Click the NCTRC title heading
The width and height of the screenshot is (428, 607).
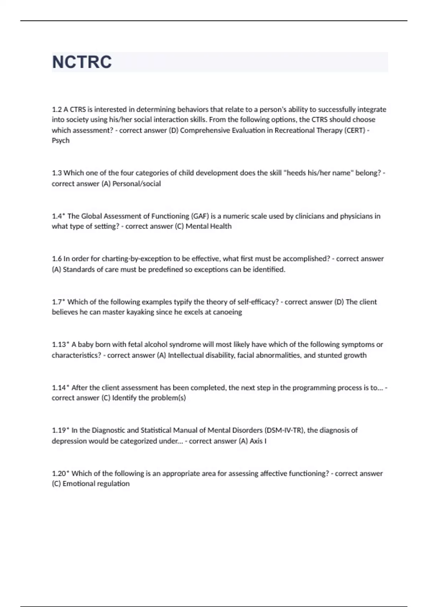pos(82,62)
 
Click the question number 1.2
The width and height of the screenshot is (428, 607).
pos(57,109)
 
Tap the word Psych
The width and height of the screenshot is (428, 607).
pos(61,141)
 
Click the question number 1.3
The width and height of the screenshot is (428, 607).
pos(57,173)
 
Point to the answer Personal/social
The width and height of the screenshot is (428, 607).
pos(137,184)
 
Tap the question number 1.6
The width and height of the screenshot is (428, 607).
pos(57,259)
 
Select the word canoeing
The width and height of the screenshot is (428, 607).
pos(227,312)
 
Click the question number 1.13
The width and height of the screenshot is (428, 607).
pos(59,345)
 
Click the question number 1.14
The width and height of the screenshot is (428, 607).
pos(59,388)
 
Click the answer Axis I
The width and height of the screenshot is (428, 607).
pos(258,441)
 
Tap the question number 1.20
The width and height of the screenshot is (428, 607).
pos(59,474)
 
